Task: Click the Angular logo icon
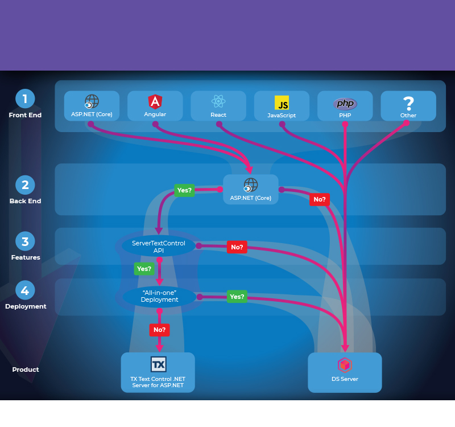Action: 155,102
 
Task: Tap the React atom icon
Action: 218,101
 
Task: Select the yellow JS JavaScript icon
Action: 282,102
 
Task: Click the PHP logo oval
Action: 345,103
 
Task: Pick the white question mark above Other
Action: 408,103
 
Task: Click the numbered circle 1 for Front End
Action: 25,99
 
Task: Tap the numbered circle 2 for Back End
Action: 25,184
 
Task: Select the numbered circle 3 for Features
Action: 25,241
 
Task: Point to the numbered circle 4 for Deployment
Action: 25,290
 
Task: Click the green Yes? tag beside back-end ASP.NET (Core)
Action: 184,190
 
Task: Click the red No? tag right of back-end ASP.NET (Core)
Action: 320,199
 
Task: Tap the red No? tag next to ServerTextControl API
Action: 237,247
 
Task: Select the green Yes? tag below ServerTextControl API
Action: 144,269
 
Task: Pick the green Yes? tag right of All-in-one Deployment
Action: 237,297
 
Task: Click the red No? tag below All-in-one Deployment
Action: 159,330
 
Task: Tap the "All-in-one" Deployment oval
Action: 160,296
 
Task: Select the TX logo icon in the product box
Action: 158,364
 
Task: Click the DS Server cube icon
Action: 345,365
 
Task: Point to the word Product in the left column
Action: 26,369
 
